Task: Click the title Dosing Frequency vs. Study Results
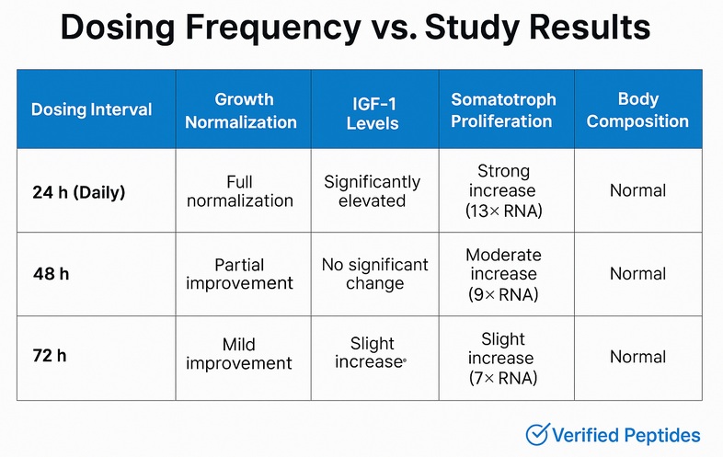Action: [355, 29]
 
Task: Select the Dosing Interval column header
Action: [91, 109]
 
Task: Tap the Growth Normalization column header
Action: [243, 109]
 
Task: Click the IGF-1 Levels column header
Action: [372, 109]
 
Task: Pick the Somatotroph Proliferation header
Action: [501, 109]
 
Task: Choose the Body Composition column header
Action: [637, 109]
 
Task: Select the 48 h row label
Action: [51, 273]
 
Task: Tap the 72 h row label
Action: [50, 356]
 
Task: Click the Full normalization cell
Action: [239, 191]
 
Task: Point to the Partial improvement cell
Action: [239, 273]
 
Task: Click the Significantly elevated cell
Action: [372, 191]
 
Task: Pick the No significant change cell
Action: [374, 273]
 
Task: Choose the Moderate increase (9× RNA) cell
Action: [503, 274]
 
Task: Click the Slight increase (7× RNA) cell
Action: [501, 358]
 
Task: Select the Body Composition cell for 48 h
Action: [637, 273]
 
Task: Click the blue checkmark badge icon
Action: [536, 435]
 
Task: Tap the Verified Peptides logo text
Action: [625, 435]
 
